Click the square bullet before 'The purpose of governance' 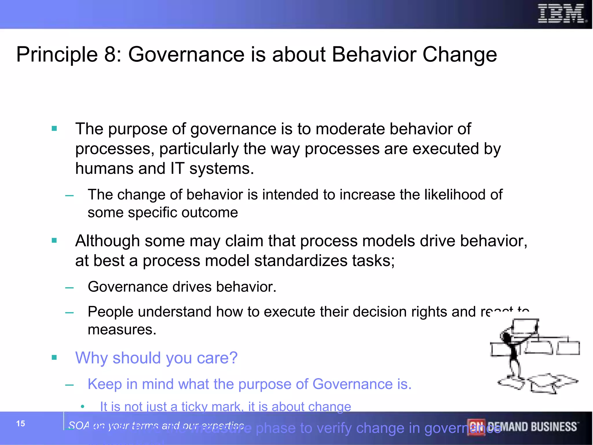tap(54, 128)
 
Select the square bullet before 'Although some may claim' tap(54, 240)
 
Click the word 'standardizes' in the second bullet tap(301, 260)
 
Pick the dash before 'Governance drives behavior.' tap(69, 288)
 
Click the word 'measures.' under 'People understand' tap(122, 330)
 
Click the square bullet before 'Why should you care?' tap(54, 358)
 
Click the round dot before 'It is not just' tap(83, 407)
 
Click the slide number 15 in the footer tap(21, 424)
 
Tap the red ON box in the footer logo tap(476, 427)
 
